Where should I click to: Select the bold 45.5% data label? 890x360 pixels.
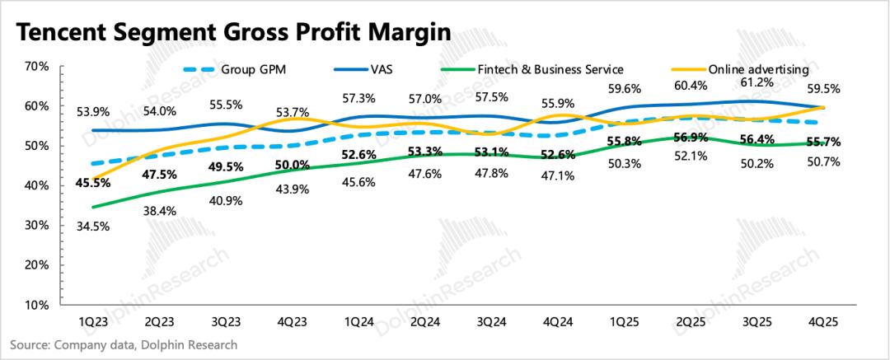coord(91,185)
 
